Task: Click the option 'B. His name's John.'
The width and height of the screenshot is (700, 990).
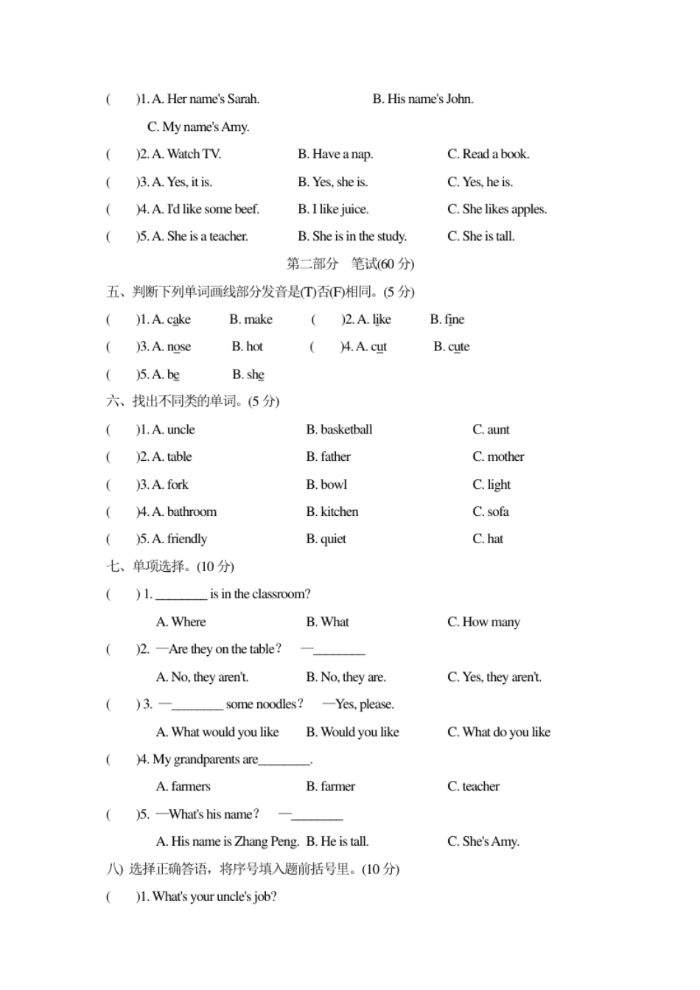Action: click(x=423, y=99)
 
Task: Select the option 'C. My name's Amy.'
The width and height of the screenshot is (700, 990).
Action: click(x=198, y=127)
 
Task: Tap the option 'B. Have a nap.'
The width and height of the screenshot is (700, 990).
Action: click(x=335, y=155)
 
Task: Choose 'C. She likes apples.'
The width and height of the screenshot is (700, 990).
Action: click(x=497, y=210)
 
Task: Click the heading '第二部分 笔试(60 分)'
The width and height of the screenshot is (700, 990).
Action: click(x=350, y=264)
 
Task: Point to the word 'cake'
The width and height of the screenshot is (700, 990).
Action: click(x=179, y=319)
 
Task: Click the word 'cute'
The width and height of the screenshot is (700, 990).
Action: click(x=458, y=347)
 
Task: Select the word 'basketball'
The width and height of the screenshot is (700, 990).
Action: click(x=346, y=430)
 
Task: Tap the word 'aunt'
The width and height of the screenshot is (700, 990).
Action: click(x=498, y=430)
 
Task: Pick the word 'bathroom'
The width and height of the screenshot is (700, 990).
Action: click(x=192, y=512)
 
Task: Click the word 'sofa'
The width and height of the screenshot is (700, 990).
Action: click(x=498, y=512)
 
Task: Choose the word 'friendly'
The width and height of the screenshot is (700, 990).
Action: click(x=187, y=540)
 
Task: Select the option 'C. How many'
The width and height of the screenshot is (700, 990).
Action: click(x=483, y=622)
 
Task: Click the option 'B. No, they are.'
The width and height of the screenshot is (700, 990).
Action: click(x=346, y=677)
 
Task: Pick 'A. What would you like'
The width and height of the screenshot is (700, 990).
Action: click(x=217, y=732)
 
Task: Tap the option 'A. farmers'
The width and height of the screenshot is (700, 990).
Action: click(x=183, y=787)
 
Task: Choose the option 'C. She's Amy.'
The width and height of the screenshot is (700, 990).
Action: click(x=483, y=841)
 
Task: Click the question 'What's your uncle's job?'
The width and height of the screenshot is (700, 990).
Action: click(x=214, y=897)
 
